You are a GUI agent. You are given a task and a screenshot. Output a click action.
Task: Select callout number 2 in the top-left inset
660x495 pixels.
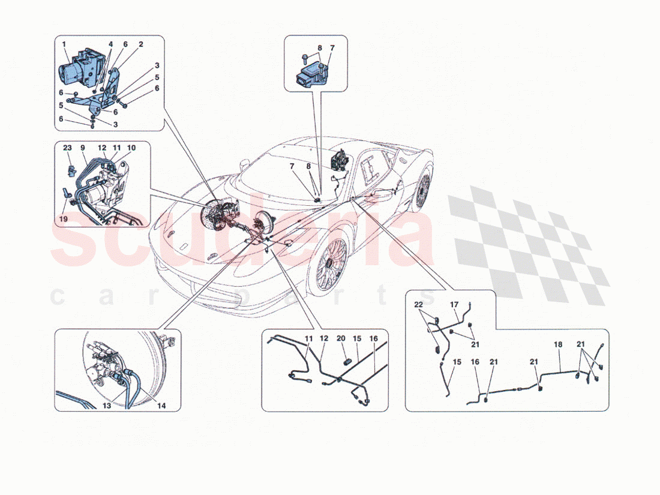click(140, 44)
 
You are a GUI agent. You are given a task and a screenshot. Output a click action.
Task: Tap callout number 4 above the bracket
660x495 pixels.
click(110, 44)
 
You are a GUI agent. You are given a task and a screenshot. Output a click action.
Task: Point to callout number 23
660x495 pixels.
click(67, 147)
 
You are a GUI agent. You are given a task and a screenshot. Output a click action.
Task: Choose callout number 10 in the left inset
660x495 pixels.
click(131, 148)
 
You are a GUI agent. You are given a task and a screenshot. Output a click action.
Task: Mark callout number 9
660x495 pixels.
click(83, 147)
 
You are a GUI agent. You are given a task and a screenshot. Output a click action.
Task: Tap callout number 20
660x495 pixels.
click(341, 339)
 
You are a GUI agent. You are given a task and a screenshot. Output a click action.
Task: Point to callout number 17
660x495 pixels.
click(454, 304)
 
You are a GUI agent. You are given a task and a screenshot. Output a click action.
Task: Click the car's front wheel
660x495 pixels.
click(328, 262)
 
